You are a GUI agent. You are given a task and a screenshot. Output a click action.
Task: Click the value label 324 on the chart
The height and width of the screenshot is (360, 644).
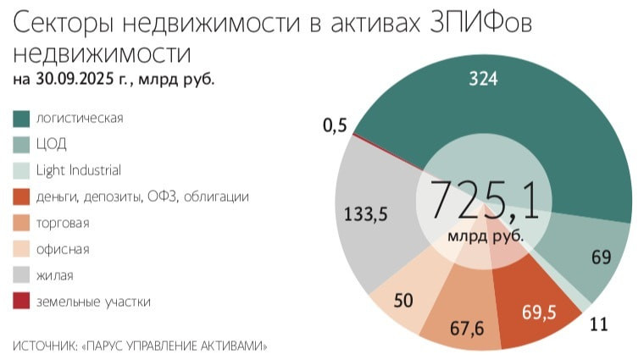(484, 79)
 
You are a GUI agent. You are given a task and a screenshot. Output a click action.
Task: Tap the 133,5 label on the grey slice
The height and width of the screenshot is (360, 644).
(365, 214)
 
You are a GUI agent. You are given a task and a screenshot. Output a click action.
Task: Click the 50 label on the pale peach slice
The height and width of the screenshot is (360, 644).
(403, 301)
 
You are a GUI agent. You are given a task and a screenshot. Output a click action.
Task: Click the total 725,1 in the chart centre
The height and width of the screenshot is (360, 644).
(484, 201)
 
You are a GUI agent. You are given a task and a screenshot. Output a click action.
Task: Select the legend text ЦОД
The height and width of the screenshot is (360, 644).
(51, 144)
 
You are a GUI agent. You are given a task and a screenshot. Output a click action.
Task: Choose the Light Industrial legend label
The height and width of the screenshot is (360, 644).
(78, 170)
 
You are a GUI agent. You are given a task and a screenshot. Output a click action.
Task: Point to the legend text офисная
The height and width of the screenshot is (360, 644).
(63, 250)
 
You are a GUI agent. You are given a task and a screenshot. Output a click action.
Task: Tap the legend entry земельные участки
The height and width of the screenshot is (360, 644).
(93, 302)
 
